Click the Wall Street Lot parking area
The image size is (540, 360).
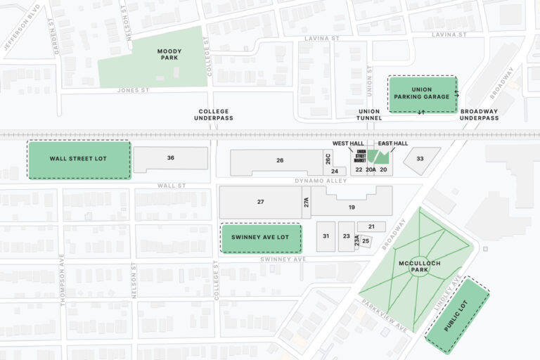click(79, 159)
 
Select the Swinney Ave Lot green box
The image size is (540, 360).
click(261, 238)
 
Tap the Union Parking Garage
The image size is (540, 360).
click(422, 94)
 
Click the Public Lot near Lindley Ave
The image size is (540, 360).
click(457, 316)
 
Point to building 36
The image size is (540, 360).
click(171, 158)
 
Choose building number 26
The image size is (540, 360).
click(280, 161)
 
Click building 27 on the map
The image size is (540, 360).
click(260, 202)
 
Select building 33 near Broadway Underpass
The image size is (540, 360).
click(420, 159)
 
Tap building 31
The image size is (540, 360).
click(326, 236)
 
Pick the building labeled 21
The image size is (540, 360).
click(371, 226)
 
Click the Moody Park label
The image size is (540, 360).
click(169, 54)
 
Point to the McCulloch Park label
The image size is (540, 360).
click(419, 266)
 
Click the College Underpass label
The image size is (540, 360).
click(214, 115)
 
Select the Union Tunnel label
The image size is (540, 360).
click(369, 115)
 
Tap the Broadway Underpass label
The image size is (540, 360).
click(479, 115)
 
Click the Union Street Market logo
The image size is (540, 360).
click(361, 157)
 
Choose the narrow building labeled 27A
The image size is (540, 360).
click(307, 202)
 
